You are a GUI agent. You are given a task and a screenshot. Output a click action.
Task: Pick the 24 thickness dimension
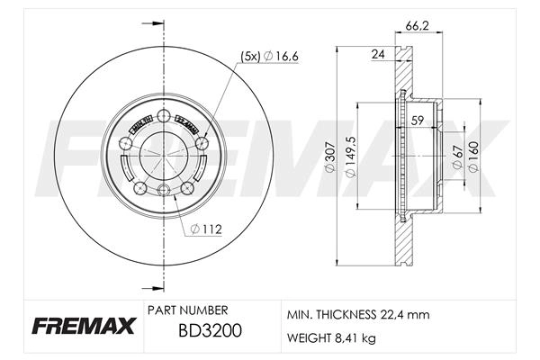click(379, 55)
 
